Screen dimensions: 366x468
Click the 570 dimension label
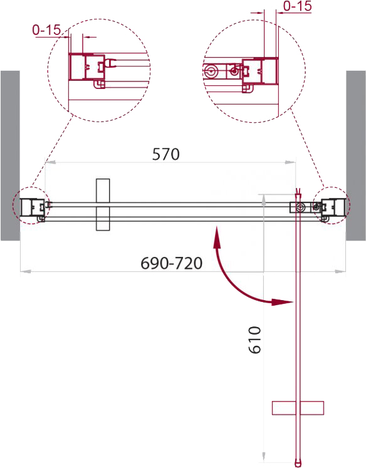[165, 154]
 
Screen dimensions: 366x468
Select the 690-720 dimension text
[171, 263]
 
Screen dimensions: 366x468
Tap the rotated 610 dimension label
[255, 340]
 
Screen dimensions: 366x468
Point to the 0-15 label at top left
[46, 30]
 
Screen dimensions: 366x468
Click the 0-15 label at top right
[297, 6]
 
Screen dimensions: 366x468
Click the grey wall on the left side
[10, 155]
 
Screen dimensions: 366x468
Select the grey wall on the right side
[356, 155]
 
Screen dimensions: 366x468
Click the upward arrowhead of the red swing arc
[217, 237]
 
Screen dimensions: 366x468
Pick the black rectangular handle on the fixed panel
[103, 205]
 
